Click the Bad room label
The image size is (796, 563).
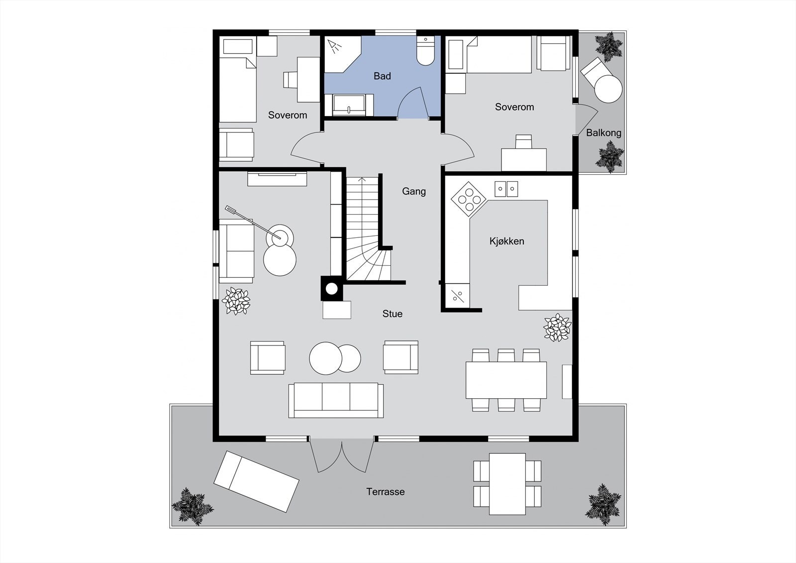pos(382,76)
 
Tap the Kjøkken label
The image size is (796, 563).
pos(506,241)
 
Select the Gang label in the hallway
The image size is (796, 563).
pos(414,191)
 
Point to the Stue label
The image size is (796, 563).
pos(392,314)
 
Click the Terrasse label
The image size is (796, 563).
pos(386,492)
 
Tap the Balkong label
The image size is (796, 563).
pos(603,133)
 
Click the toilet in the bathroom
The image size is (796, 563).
pos(425,53)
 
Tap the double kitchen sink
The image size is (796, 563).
pos(506,189)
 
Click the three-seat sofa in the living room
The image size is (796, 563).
pos(336,400)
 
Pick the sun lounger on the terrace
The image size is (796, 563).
pos(256,481)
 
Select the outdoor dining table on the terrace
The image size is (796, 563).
pos(507,483)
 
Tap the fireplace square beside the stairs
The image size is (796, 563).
pos(331,289)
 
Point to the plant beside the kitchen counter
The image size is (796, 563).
pos(557,327)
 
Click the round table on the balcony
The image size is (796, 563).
pos(608,89)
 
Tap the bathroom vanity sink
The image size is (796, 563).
pos(349,105)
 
